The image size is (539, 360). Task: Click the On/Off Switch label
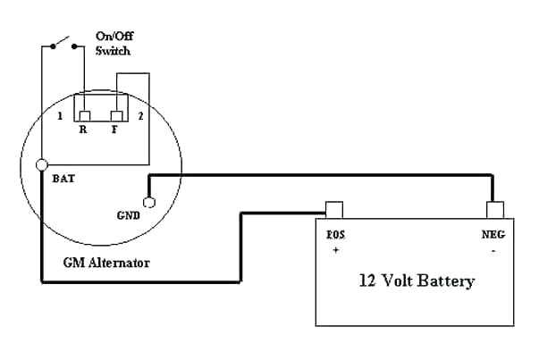[x=113, y=44]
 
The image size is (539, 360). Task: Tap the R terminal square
[x=84, y=115]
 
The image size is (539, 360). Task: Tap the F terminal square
[x=114, y=115]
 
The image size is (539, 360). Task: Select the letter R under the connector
[x=83, y=131]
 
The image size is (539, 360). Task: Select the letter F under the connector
[x=114, y=131]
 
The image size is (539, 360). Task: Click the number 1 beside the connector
[x=59, y=116]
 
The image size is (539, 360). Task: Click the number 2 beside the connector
[x=139, y=116]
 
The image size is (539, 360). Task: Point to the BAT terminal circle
[x=41, y=165]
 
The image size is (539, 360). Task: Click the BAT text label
[x=64, y=178]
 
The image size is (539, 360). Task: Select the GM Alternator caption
[x=105, y=264]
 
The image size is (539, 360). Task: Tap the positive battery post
[x=333, y=210]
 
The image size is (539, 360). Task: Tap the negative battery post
[x=495, y=210]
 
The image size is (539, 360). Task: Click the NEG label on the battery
[x=494, y=236]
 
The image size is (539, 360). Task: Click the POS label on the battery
[x=335, y=236]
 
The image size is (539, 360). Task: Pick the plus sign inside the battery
[x=335, y=250]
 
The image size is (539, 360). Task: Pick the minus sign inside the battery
[x=493, y=250]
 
